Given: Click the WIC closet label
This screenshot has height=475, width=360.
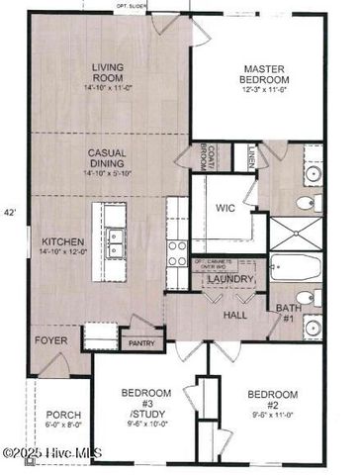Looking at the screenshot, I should coord(225,208).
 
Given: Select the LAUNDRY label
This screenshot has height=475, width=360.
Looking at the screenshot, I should coord(227,281).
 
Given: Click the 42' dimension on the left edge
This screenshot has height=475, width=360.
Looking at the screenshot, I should coord(10,212).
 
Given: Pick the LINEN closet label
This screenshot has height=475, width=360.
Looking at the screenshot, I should coord(253,155).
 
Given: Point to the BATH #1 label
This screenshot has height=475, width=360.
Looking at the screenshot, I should coord(288,314).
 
